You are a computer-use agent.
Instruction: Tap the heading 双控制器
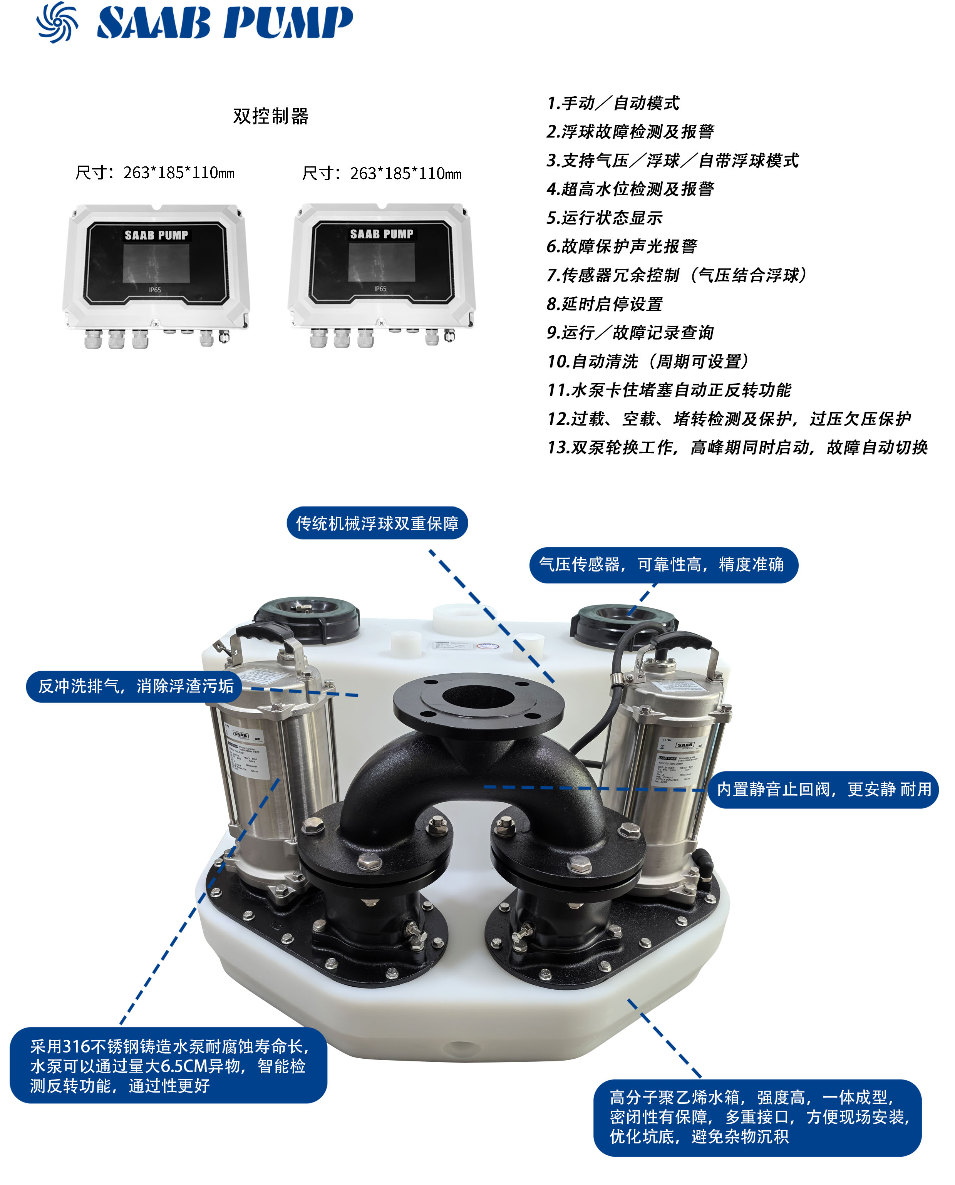click(271, 116)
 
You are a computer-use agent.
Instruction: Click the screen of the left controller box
click(156, 263)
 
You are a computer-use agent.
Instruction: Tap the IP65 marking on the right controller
click(380, 288)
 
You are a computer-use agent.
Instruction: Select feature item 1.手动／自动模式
click(613, 103)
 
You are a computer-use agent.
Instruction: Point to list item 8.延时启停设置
click(605, 304)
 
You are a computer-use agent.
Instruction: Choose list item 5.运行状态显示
click(605, 218)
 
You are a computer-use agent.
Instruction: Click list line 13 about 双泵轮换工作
click(737, 447)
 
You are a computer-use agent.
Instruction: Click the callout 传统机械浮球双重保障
click(377, 523)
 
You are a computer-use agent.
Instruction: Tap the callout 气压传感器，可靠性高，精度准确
click(663, 565)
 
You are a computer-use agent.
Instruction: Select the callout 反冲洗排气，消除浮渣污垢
click(135, 686)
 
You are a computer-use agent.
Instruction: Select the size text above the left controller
click(155, 173)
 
